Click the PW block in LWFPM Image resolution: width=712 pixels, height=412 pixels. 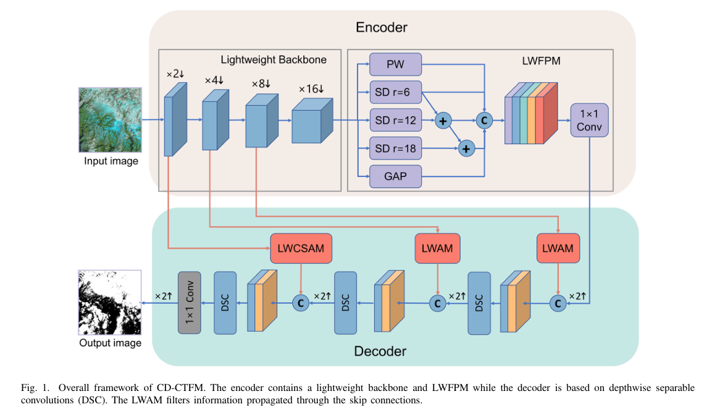[x=395, y=64]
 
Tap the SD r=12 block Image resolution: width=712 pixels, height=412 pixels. [x=395, y=120]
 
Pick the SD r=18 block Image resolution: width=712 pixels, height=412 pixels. [x=395, y=148]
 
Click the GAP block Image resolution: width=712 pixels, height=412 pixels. [x=395, y=176]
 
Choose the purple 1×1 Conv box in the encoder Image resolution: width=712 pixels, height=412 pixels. [x=590, y=120]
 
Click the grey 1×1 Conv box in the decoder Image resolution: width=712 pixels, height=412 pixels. [x=190, y=303]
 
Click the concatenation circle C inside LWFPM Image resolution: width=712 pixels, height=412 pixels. [x=484, y=121]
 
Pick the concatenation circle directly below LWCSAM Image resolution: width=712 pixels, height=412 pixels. [x=301, y=303]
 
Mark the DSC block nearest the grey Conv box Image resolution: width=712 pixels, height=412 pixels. [x=225, y=303]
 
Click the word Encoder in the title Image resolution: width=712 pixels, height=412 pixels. [x=382, y=27]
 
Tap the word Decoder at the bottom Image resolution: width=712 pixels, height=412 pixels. [x=380, y=351]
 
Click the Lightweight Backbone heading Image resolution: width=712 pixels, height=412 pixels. [x=274, y=59]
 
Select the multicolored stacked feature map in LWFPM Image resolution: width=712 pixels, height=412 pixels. [x=531, y=113]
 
